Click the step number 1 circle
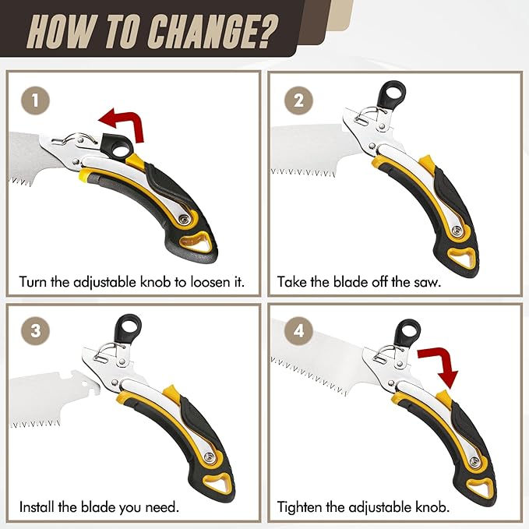click(x=35, y=101)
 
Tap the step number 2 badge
click(x=298, y=101)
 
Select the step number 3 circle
click(x=35, y=330)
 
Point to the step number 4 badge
click(x=298, y=330)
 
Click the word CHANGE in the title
click(x=213, y=33)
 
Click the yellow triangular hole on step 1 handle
click(x=196, y=242)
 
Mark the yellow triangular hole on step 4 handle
click(x=479, y=488)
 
